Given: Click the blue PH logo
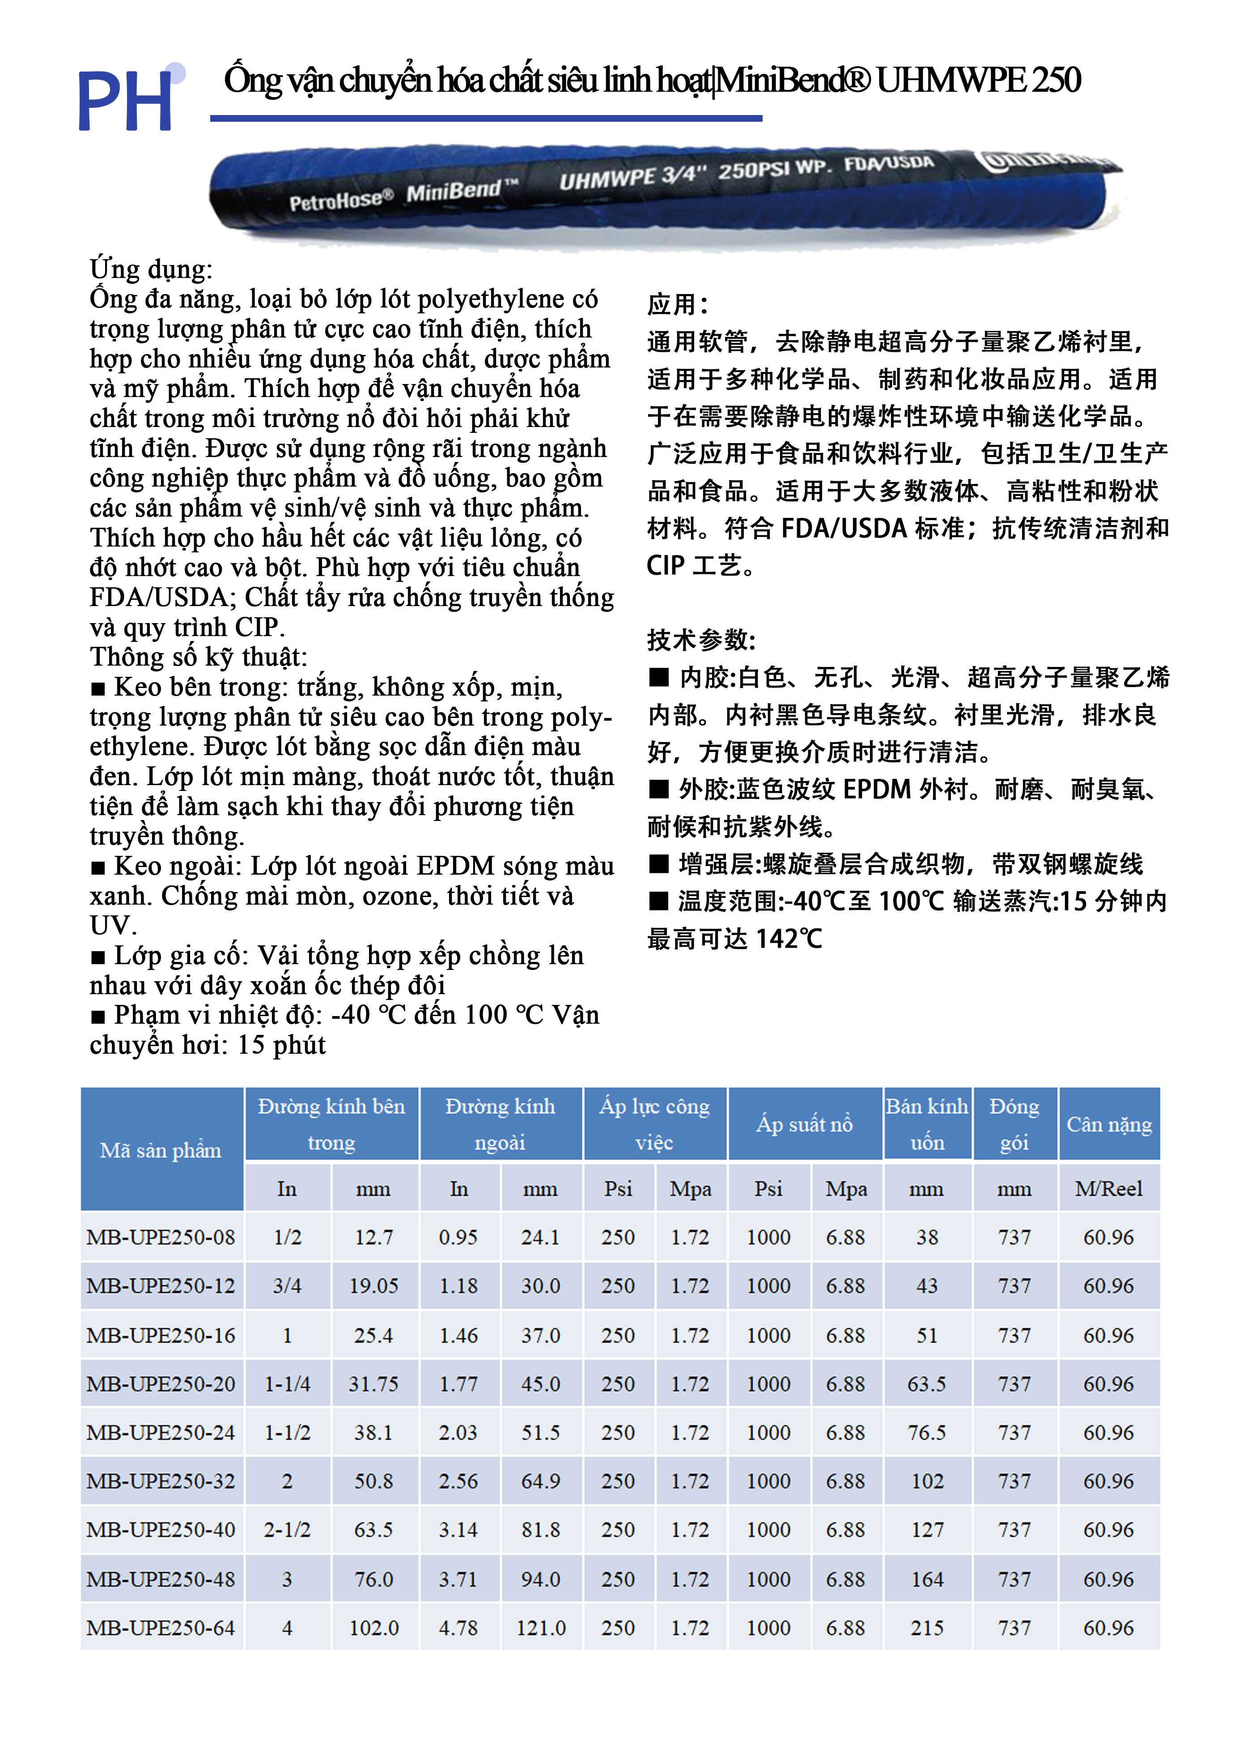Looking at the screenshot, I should click(126, 99).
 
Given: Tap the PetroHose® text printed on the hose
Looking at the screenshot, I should click(340, 201).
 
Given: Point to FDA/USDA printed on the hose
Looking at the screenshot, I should click(889, 164).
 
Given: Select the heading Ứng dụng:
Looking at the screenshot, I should click(151, 269).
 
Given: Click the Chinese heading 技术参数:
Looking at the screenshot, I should click(701, 640).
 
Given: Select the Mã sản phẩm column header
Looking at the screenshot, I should click(161, 1150).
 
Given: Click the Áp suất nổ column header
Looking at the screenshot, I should click(804, 1124).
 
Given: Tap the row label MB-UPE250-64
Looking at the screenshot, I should click(161, 1628).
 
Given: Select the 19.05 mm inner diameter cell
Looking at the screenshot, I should click(373, 1286).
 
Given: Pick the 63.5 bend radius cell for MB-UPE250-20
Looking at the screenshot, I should click(926, 1384).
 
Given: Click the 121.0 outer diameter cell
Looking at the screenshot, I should click(540, 1628).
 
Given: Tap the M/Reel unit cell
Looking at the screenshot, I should click(1108, 1188).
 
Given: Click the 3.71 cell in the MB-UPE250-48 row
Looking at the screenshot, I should click(458, 1579).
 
